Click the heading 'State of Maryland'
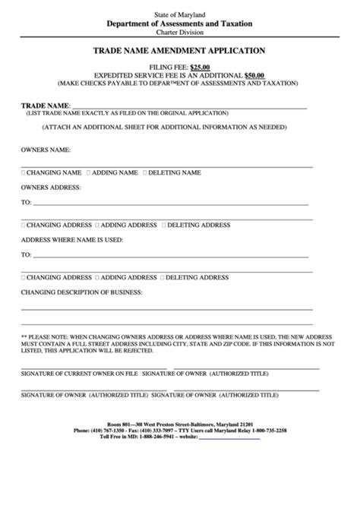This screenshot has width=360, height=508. [179, 14]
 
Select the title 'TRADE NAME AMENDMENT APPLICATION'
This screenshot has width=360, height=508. [179, 51]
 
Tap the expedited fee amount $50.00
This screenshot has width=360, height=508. [254, 75]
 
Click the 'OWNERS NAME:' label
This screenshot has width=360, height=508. [46, 150]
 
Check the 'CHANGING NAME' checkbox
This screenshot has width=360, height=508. [23, 173]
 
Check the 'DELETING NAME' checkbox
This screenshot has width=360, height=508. [144, 173]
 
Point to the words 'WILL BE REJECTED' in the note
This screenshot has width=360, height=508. [131, 352]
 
